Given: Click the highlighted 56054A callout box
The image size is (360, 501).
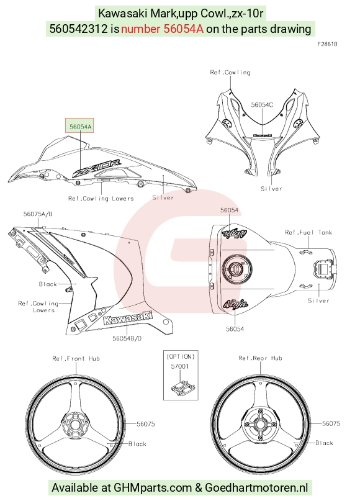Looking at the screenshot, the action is coord(79,127).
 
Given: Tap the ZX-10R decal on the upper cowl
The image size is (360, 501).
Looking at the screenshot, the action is coord(97,168).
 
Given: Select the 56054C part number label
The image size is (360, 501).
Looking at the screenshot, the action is coord(262,105).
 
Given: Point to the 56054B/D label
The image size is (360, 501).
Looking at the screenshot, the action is coord(127,338).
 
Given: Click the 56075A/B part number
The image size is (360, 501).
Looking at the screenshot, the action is coord(38,214).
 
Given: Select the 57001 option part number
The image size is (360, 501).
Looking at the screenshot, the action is coord(179,366).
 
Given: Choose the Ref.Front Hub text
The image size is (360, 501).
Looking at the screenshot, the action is coord(76,358).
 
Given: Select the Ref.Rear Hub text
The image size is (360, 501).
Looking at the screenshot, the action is coord(260,358).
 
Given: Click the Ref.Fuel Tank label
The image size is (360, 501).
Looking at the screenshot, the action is coord(308,232).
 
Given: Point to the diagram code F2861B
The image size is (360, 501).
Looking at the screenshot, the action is coord(328,44).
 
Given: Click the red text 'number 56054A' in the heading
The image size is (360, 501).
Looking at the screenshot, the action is coord(162,29).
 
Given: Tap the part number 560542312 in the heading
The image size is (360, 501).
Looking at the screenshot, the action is coord(78,29).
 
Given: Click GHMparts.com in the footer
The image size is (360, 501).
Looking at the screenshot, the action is coord(153,487).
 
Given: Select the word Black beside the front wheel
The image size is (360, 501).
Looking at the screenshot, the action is coord(137,444).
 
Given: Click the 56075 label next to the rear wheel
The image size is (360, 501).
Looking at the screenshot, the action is coord(331,423).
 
